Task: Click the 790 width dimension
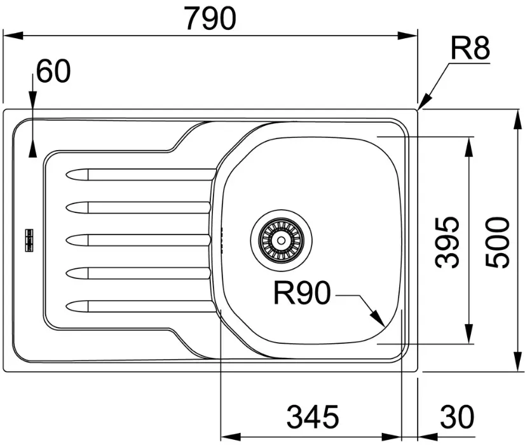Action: click(210, 18)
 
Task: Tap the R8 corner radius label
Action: click(470, 48)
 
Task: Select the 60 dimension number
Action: click(53, 71)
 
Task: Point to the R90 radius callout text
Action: click(302, 292)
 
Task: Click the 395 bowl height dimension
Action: click(447, 242)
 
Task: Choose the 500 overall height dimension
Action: click(497, 242)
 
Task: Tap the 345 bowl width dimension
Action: click(313, 416)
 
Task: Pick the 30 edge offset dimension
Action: click(457, 416)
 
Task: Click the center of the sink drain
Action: click(281, 240)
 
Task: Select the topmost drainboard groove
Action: click(141, 174)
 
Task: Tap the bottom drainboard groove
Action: click(141, 306)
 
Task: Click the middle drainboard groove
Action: click(139, 240)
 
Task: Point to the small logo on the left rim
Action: click(30, 240)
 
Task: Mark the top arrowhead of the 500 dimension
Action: click(517, 120)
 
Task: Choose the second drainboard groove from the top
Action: click(139, 208)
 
